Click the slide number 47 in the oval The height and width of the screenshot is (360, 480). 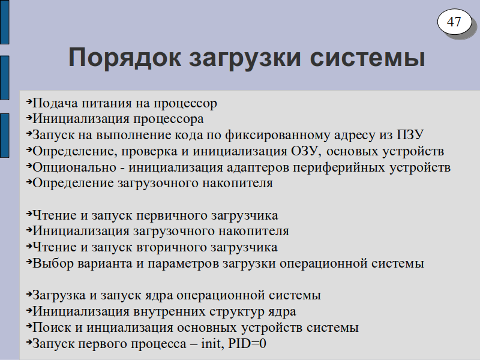coord(454,22)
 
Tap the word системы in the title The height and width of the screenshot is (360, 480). coord(367,58)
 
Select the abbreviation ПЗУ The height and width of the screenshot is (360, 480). coord(410,134)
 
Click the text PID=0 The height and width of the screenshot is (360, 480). coord(247,343)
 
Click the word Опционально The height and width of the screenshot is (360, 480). coord(74,167)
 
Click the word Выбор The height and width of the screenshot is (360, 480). coord(53,263)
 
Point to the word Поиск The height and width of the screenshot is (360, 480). coord(53,327)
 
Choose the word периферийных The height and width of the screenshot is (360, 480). coord(339,167)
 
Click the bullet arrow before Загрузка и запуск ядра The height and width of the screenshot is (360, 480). coord(29,294)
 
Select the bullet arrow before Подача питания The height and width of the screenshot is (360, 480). coord(29,101)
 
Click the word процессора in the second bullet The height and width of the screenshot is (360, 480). coord(169,119)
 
